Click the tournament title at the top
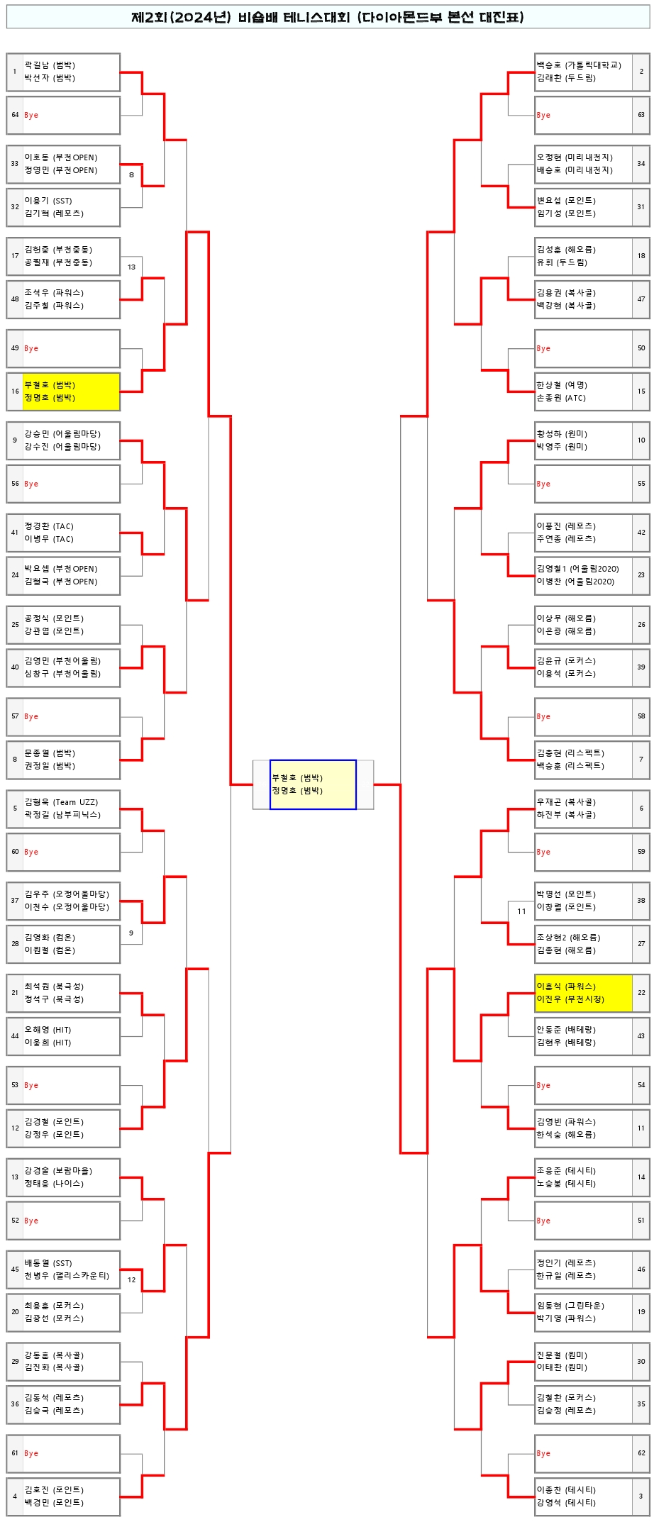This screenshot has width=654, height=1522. (x=327, y=17)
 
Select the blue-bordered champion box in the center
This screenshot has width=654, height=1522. (x=313, y=784)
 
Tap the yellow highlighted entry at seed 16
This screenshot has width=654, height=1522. (x=70, y=391)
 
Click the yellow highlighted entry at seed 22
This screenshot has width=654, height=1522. (x=583, y=993)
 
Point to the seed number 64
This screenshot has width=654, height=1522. (x=15, y=115)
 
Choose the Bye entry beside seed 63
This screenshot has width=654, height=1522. (x=543, y=115)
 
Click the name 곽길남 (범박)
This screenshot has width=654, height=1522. (x=50, y=65)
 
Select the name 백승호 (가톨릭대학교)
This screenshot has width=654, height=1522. (x=579, y=65)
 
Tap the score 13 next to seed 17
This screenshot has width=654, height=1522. (x=131, y=267)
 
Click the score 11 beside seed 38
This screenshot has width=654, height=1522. (x=521, y=911)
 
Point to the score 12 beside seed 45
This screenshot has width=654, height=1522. (x=131, y=1280)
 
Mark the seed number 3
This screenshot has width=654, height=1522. (x=641, y=1496)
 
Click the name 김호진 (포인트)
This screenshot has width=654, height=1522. (x=54, y=1490)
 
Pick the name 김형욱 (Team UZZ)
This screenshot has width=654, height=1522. (x=61, y=802)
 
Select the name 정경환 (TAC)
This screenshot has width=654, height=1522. (x=49, y=526)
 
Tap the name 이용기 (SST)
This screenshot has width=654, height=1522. (x=48, y=201)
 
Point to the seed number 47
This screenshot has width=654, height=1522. (x=641, y=299)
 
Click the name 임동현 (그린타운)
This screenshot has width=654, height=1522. (x=570, y=1306)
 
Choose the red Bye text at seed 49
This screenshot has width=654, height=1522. (x=31, y=349)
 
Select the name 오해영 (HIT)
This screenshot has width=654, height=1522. (x=48, y=1030)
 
